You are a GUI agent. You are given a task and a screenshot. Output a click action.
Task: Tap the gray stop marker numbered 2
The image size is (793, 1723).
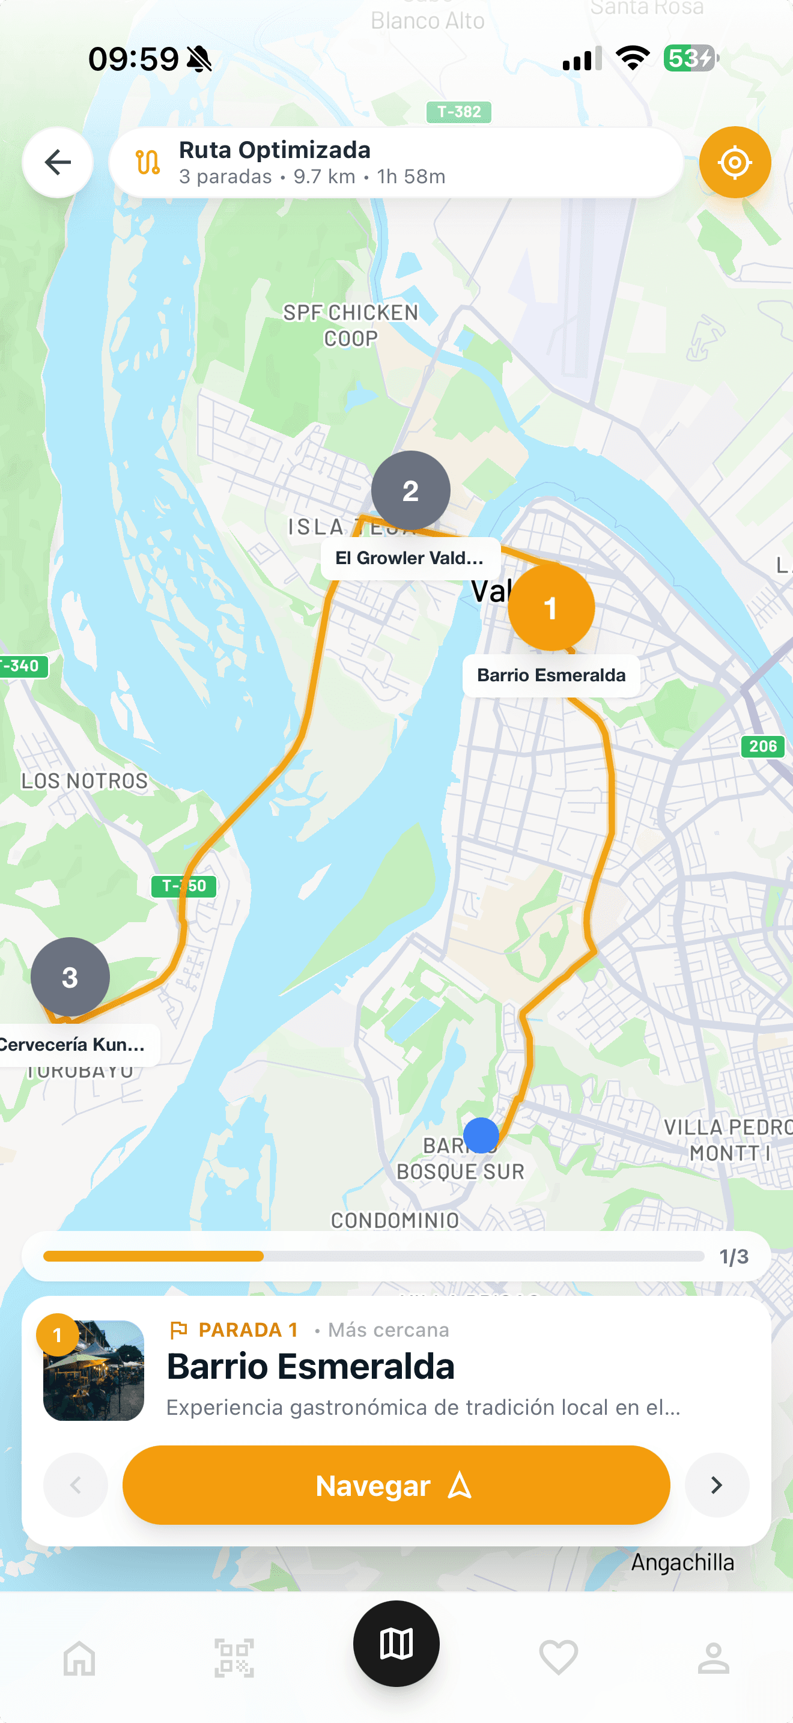(410, 490)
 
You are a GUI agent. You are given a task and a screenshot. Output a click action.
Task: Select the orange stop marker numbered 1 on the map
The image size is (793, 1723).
(551, 607)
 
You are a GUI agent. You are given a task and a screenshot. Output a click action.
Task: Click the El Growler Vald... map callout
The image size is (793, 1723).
(410, 558)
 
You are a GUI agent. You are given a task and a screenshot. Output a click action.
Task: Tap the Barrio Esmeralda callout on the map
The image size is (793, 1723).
(551, 675)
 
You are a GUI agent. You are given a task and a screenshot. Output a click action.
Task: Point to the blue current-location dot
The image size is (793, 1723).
(481, 1135)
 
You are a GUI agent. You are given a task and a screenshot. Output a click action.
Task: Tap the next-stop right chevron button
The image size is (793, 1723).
(716, 1485)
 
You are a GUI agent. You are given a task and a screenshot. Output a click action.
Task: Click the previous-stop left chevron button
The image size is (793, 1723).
(76, 1485)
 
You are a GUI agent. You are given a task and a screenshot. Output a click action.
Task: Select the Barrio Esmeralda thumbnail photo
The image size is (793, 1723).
(94, 1370)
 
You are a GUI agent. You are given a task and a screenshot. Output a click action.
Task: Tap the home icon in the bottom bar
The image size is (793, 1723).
(79, 1658)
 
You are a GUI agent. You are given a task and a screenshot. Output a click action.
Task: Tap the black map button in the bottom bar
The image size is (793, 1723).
(396, 1644)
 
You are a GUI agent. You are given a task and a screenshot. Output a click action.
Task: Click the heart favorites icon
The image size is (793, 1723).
(558, 1658)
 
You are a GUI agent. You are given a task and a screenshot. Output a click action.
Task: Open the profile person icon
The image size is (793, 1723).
(714, 1658)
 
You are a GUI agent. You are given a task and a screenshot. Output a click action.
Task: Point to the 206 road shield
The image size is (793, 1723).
(762, 746)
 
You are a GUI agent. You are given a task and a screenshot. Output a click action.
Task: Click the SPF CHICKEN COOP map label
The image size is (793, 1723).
(351, 325)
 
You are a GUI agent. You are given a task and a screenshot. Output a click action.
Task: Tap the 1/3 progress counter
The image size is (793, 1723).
(734, 1257)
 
